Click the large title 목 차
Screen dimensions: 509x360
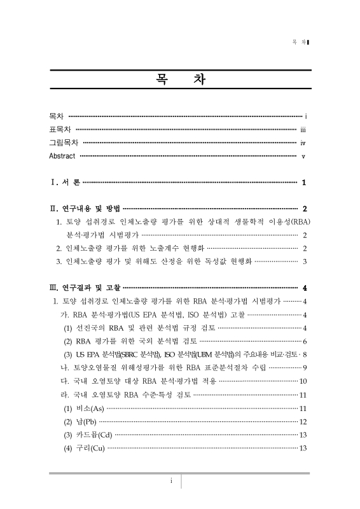tap(179, 81)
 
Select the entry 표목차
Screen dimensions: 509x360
tap(60, 130)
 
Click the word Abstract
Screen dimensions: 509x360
tap(62, 156)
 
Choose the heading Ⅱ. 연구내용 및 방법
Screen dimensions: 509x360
tap(85, 209)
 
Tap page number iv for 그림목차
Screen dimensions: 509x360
tap(304, 143)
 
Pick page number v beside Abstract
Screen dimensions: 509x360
tap(305, 157)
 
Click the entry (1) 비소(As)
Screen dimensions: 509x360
tap(83, 408)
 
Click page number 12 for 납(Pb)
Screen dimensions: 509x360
tap(303, 421)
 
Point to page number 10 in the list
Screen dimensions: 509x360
tap(303, 381)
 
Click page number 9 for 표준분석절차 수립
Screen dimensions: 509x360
tap(306, 367)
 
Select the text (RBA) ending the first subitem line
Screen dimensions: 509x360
tap(298, 221)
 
